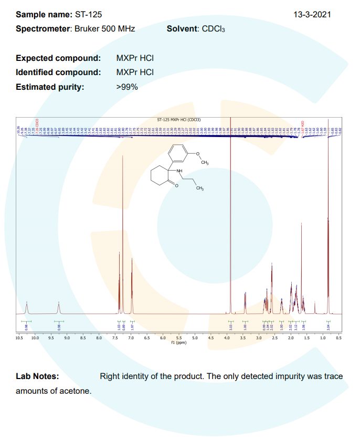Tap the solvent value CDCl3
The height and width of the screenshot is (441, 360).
coord(213,29)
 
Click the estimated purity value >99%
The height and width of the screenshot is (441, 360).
coord(127,87)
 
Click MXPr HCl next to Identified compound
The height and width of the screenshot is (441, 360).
coord(135,72)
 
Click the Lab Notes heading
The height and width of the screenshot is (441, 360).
coord(37,376)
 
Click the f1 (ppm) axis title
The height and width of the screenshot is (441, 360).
coord(179,343)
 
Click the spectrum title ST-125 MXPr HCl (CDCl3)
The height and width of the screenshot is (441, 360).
coord(179,120)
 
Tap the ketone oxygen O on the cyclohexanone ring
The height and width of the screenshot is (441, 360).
coord(177,186)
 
